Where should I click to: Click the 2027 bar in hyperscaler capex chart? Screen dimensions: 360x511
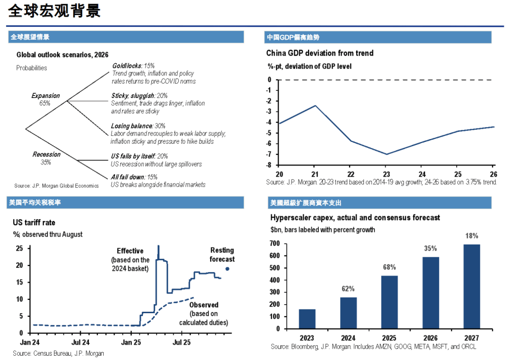[471, 286]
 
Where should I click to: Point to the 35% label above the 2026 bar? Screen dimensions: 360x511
[430, 248]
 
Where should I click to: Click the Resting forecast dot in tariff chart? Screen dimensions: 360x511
[228, 269]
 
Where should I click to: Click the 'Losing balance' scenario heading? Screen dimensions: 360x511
[132, 126]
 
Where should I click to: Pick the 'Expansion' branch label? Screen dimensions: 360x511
[45, 96]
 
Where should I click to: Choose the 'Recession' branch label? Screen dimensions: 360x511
[46, 154]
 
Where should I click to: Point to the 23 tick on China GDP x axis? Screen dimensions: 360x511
[386, 174]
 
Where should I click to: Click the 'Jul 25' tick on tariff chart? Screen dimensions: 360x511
[181, 342]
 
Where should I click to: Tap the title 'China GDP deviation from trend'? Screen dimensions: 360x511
[320, 53]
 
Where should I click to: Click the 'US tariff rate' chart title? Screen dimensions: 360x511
[34, 222]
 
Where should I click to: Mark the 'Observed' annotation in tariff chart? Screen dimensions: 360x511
[204, 305]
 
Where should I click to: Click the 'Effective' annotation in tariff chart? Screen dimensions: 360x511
[131, 251]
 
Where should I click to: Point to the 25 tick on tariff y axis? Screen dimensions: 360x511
[20, 248]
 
